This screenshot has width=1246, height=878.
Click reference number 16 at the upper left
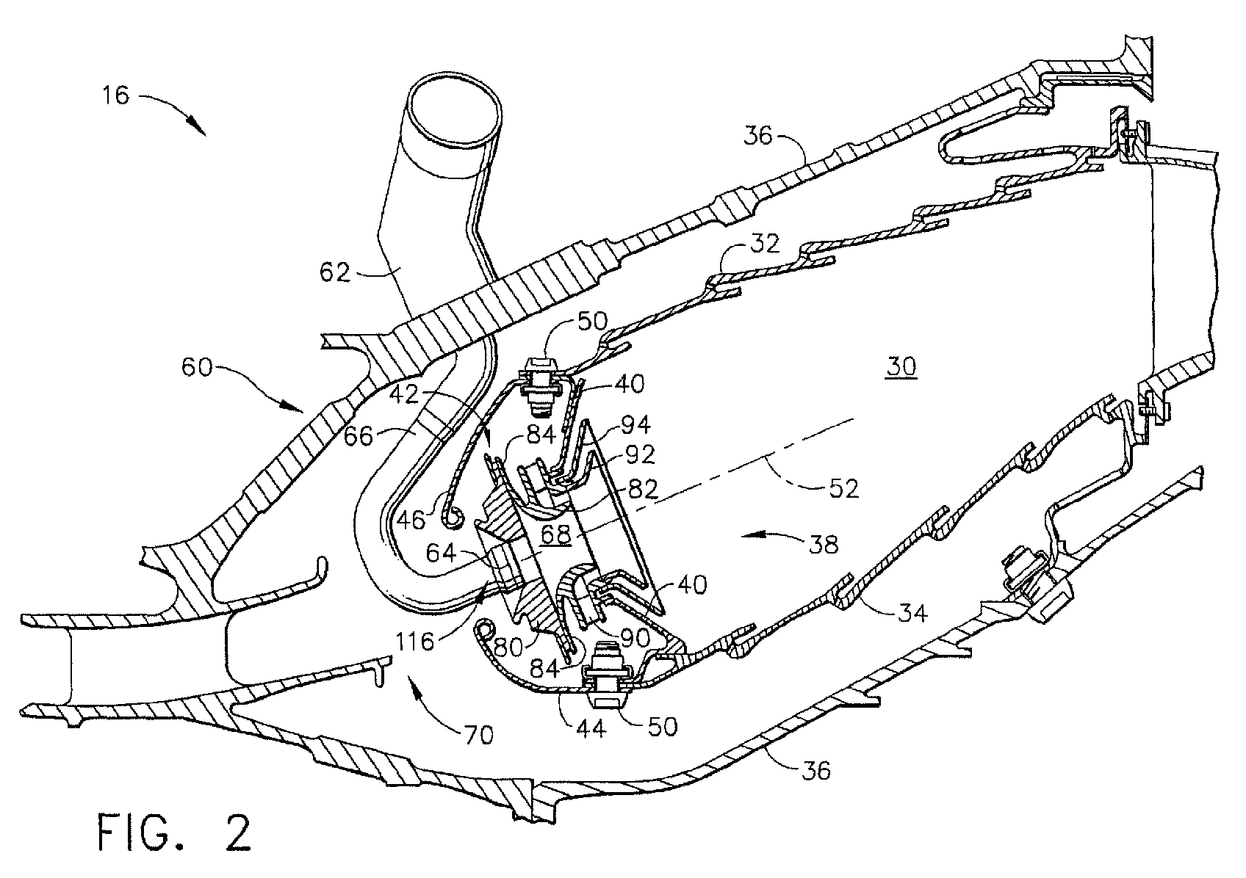point(114,95)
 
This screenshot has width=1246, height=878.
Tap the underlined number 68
point(556,534)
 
